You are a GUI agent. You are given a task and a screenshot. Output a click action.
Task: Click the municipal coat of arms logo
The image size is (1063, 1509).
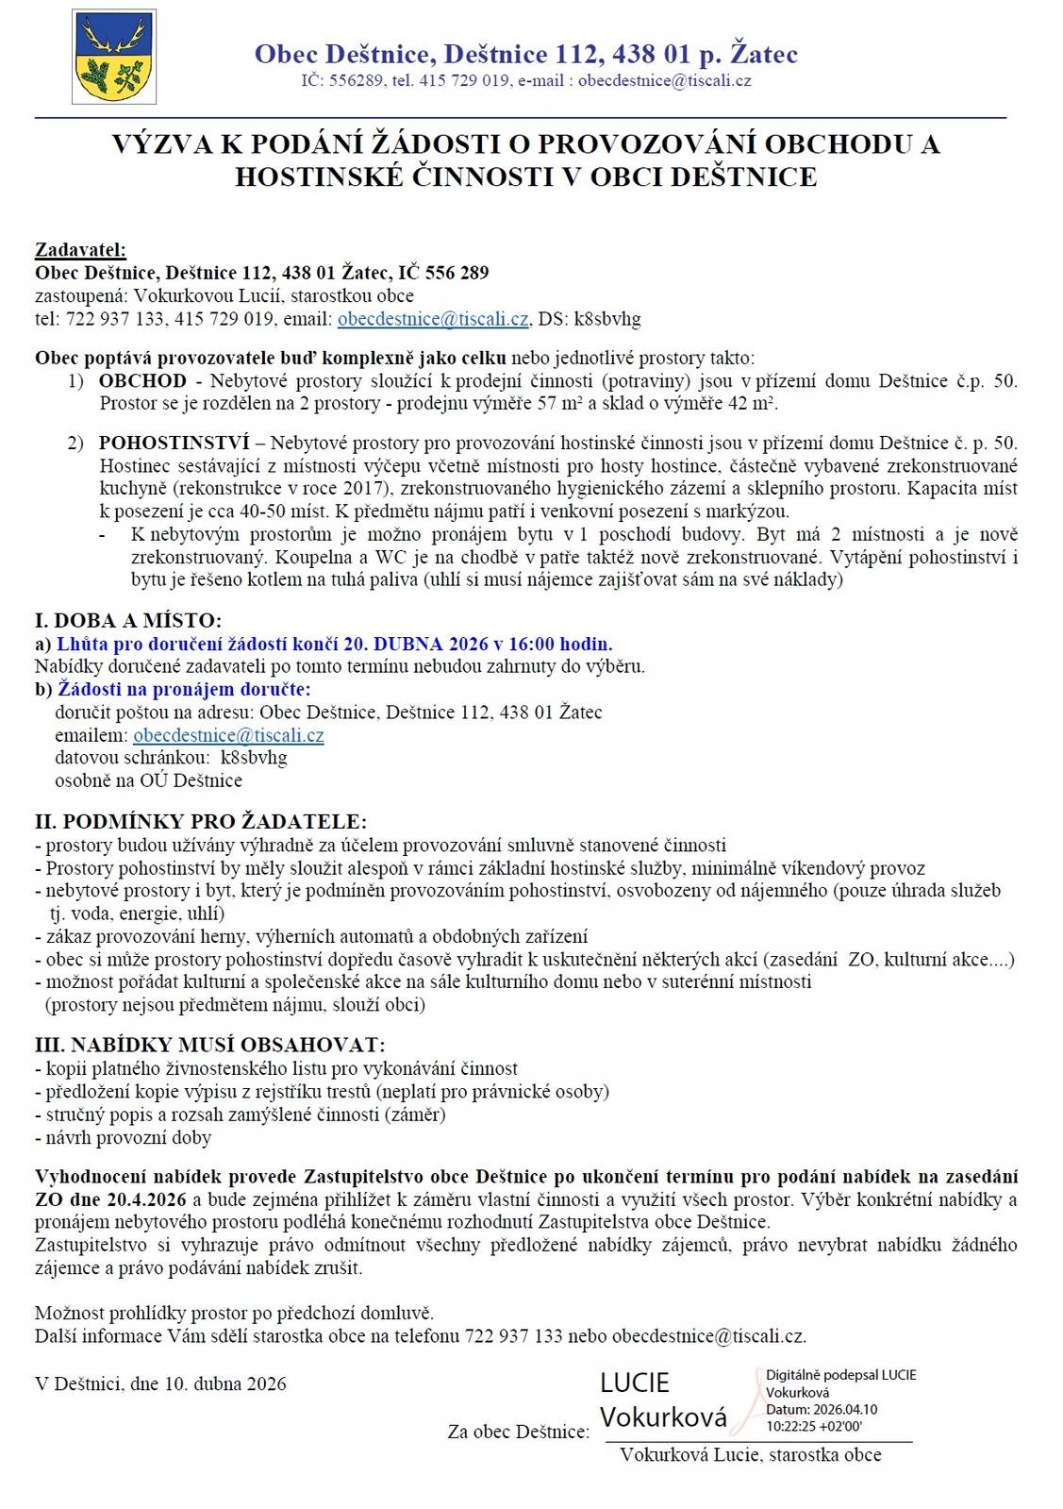[x=114, y=57]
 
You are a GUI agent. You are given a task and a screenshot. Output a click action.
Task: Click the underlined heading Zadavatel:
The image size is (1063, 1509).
[x=80, y=250]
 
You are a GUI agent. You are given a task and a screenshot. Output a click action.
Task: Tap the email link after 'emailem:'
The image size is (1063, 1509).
[x=228, y=735]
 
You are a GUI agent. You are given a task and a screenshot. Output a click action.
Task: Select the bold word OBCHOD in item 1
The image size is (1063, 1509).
[x=142, y=381]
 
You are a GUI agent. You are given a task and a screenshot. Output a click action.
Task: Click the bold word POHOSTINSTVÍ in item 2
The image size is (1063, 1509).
[x=174, y=443]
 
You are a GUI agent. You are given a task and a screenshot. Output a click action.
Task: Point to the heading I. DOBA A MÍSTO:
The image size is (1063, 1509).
[x=128, y=620]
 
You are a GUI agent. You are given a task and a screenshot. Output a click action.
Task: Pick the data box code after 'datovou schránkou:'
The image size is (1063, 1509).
[x=254, y=758]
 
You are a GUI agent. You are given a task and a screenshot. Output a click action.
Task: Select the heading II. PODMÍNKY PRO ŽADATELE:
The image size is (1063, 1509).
[x=200, y=821]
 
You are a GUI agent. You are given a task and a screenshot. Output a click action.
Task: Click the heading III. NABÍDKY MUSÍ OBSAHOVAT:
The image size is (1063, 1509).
[x=209, y=1045]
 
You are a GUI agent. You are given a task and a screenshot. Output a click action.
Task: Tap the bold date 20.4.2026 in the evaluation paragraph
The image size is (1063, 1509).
[x=146, y=1199]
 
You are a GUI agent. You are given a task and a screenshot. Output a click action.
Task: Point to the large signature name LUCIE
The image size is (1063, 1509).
[x=635, y=1383]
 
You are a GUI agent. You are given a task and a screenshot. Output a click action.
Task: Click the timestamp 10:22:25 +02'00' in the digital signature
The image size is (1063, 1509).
[x=814, y=1426]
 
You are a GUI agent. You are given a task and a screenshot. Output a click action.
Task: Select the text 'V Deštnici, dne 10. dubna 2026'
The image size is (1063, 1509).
[x=160, y=1383]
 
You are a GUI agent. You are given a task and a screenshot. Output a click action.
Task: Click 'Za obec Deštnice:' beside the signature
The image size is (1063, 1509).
[x=518, y=1432]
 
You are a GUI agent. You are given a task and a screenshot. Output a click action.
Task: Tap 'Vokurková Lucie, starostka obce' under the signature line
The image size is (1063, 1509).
[x=750, y=1454]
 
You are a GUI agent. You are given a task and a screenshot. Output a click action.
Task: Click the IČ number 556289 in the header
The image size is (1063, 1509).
[x=356, y=80]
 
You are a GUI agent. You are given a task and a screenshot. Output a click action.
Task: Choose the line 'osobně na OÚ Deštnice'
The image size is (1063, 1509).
[x=148, y=780]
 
